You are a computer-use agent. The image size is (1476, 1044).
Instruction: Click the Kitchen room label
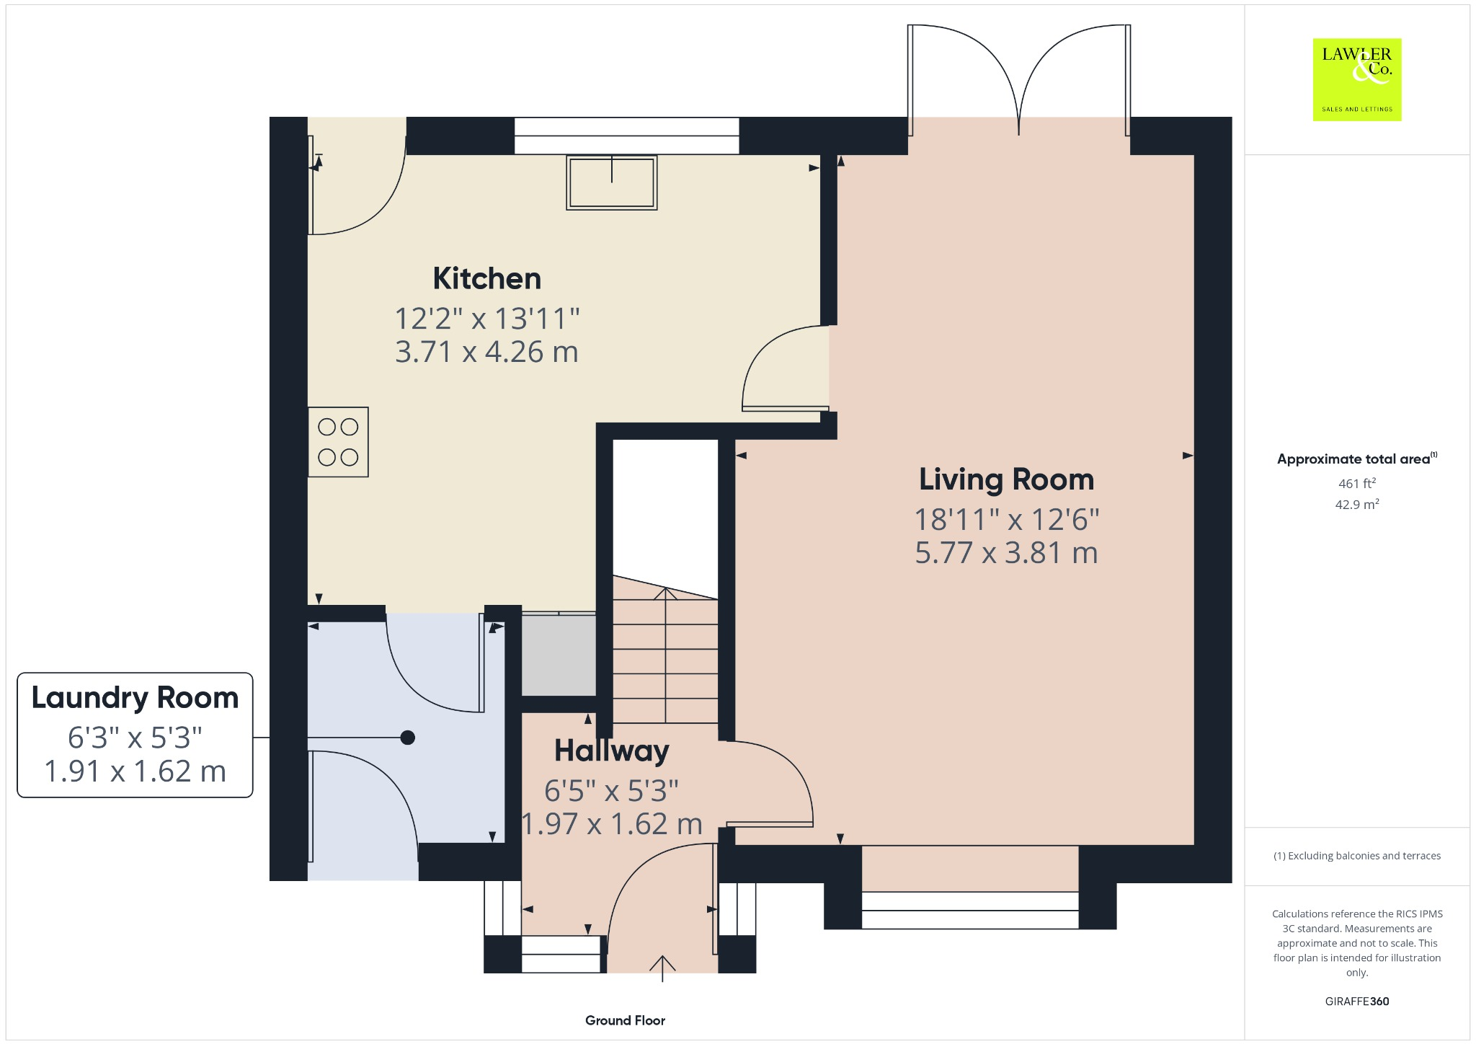click(486, 279)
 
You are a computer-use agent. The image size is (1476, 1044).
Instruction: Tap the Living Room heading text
click(1006, 479)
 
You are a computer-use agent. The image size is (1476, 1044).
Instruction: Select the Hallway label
click(611, 751)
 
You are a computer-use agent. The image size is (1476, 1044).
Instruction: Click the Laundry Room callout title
click(135, 698)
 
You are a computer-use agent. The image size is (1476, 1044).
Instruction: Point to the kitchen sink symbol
click(611, 182)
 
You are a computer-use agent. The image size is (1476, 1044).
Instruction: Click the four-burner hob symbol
click(338, 442)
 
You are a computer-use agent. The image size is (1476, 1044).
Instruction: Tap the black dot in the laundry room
click(408, 738)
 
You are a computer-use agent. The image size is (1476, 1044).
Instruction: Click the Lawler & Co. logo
click(1356, 79)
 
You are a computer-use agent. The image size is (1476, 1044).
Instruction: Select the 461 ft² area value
click(1356, 483)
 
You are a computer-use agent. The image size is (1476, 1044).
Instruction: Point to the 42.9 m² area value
click(1356, 504)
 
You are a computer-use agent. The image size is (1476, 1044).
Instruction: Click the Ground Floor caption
click(625, 1020)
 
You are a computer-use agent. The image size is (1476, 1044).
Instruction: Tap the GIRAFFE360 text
click(1356, 1001)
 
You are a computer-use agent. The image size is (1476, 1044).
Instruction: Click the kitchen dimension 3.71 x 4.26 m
click(486, 352)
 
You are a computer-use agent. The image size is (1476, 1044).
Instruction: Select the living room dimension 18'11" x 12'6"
click(1006, 519)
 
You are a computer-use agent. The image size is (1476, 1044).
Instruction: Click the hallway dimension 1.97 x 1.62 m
click(611, 824)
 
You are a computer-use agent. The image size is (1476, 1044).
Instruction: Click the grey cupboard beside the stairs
click(559, 655)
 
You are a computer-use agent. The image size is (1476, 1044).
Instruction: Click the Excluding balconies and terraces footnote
click(1356, 856)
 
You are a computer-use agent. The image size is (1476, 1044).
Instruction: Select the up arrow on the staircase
click(665, 596)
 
